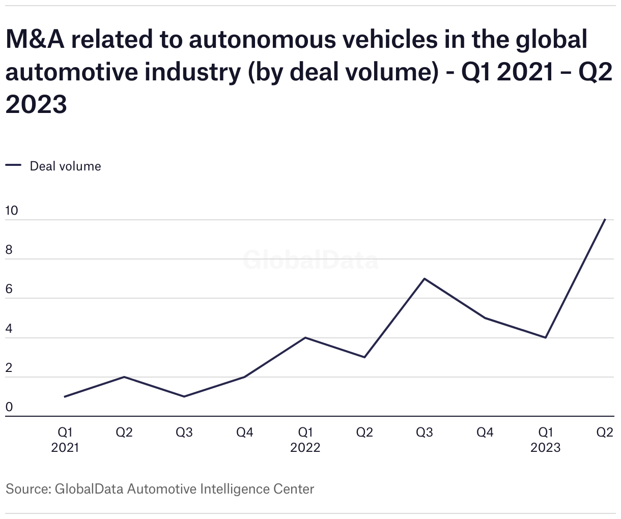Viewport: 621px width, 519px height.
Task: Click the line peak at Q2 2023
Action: pyautogui.click(x=605, y=220)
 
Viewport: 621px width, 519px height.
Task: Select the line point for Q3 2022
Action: pyautogui.click(x=425, y=279)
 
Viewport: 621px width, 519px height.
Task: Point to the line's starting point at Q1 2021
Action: pyautogui.click(x=65, y=396)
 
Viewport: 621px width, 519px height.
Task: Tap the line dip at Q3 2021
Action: pyautogui.click(x=184, y=396)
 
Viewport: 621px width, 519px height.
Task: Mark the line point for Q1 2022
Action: pyautogui.click(x=305, y=337)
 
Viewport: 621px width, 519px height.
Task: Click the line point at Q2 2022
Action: pyautogui.click(x=364, y=357)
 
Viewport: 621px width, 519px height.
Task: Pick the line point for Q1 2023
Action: pyautogui.click(x=545, y=337)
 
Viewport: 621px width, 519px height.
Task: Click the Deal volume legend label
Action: pyautogui.click(x=65, y=166)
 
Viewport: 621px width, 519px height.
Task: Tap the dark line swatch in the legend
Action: pyautogui.click(x=13, y=165)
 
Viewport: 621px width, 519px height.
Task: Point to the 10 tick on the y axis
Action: pyautogui.click(x=11, y=211)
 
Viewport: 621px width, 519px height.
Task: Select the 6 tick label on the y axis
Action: pyautogui.click(x=9, y=290)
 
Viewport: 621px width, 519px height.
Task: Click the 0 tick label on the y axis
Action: pyautogui.click(x=9, y=407)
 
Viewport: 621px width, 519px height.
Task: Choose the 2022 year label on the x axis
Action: pyautogui.click(x=305, y=447)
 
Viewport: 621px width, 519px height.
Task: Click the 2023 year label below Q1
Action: pyautogui.click(x=545, y=447)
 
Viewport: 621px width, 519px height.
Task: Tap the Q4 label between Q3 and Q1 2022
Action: pyautogui.click(x=245, y=432)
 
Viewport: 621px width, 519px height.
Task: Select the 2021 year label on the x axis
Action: pyautogui.click(x=65, y=447)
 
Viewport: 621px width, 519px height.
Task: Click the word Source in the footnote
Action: pyautogui.click(x=26, y=489)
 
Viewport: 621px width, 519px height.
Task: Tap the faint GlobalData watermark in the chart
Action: pyautogui.click(x=310, y=260)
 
